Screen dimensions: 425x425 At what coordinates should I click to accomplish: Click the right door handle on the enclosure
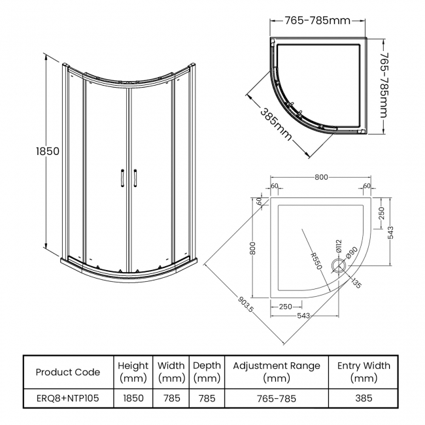(135, 178)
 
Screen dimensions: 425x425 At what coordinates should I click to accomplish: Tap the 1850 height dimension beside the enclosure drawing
(47, 151)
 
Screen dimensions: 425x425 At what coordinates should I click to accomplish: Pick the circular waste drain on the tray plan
(339, 265)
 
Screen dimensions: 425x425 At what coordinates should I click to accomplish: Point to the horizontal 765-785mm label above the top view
(318, 20)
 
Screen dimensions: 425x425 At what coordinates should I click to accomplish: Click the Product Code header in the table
(68, 372)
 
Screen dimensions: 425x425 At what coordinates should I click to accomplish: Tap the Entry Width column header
(364, 372)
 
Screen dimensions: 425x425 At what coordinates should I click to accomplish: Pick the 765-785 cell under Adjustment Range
(277, 397)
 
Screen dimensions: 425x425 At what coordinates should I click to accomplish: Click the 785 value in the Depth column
(207, 397)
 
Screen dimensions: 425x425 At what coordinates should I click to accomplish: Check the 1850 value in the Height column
(133, 397)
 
